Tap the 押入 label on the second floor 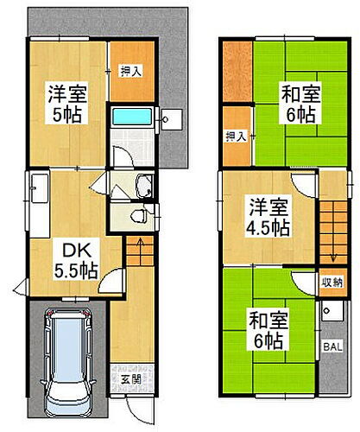click(234, 136)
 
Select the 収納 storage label click(332, 283)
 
